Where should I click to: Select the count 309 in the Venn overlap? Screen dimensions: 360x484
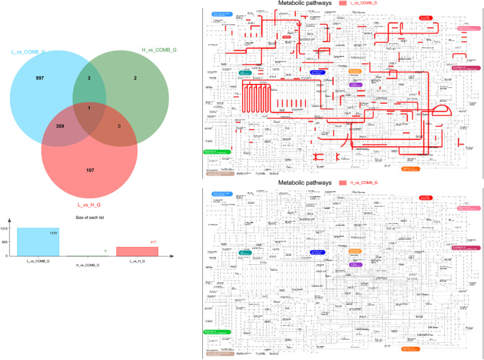61,126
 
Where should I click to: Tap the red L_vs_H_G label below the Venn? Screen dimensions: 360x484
90,203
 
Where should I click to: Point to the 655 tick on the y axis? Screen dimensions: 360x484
4,242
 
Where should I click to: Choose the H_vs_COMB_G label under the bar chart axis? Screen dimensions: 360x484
89,264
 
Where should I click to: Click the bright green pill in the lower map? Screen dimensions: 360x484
213,332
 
